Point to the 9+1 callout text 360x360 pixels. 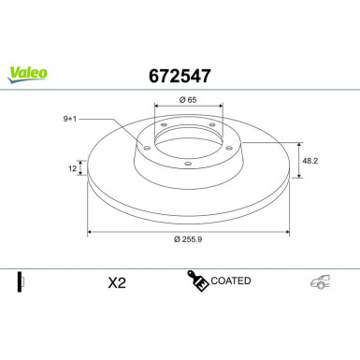tap(69, 119)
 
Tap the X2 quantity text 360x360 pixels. tap(117, 281)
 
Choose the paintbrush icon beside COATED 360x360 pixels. tap(198, 281)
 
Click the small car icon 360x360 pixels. tap(322, 281)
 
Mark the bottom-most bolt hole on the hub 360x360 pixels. tap(187, 165)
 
